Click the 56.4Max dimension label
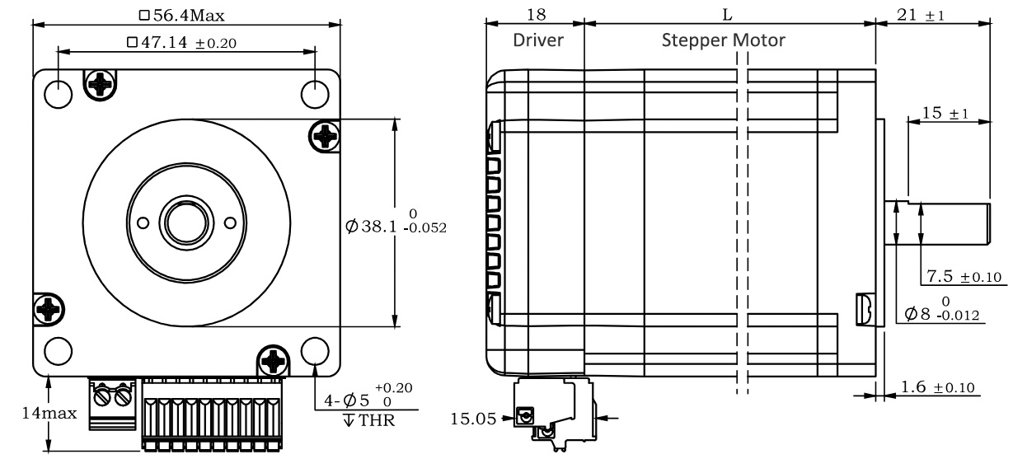point(182,16)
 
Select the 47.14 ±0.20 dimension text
point(181,43)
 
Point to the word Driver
point(538,40)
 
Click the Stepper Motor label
point(724,41)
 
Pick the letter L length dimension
point(728,15)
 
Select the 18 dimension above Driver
point(536,15)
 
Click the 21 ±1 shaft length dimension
point(921,15)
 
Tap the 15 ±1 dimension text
point(945,113)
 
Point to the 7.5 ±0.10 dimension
point(964,277)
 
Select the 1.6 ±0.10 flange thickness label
point(938,387)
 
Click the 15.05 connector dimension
point(473,419)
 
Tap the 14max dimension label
point(49,413)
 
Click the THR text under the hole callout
point(376,420)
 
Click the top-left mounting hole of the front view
point(59,95)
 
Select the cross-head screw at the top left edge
point(100,84)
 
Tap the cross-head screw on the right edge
point(325,136)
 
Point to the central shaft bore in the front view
point(186,222)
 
